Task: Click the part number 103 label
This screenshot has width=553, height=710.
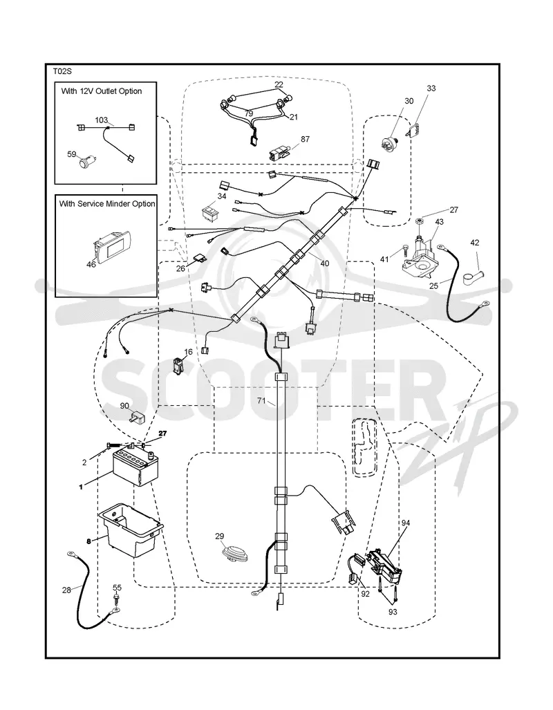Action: pos(101,120)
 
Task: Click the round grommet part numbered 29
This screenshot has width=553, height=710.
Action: pos(233,554)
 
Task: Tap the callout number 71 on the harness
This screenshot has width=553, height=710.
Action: pos(261,400)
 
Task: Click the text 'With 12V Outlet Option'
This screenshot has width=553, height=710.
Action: pos(102,91)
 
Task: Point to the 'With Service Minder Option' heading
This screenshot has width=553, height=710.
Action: pos(107,204)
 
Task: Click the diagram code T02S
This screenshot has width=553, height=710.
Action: pos(62,71)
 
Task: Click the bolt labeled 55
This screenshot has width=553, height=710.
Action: pos(117,599)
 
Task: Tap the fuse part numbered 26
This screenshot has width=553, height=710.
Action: pos(200,259)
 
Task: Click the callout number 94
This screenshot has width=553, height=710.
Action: pos(405,523)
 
